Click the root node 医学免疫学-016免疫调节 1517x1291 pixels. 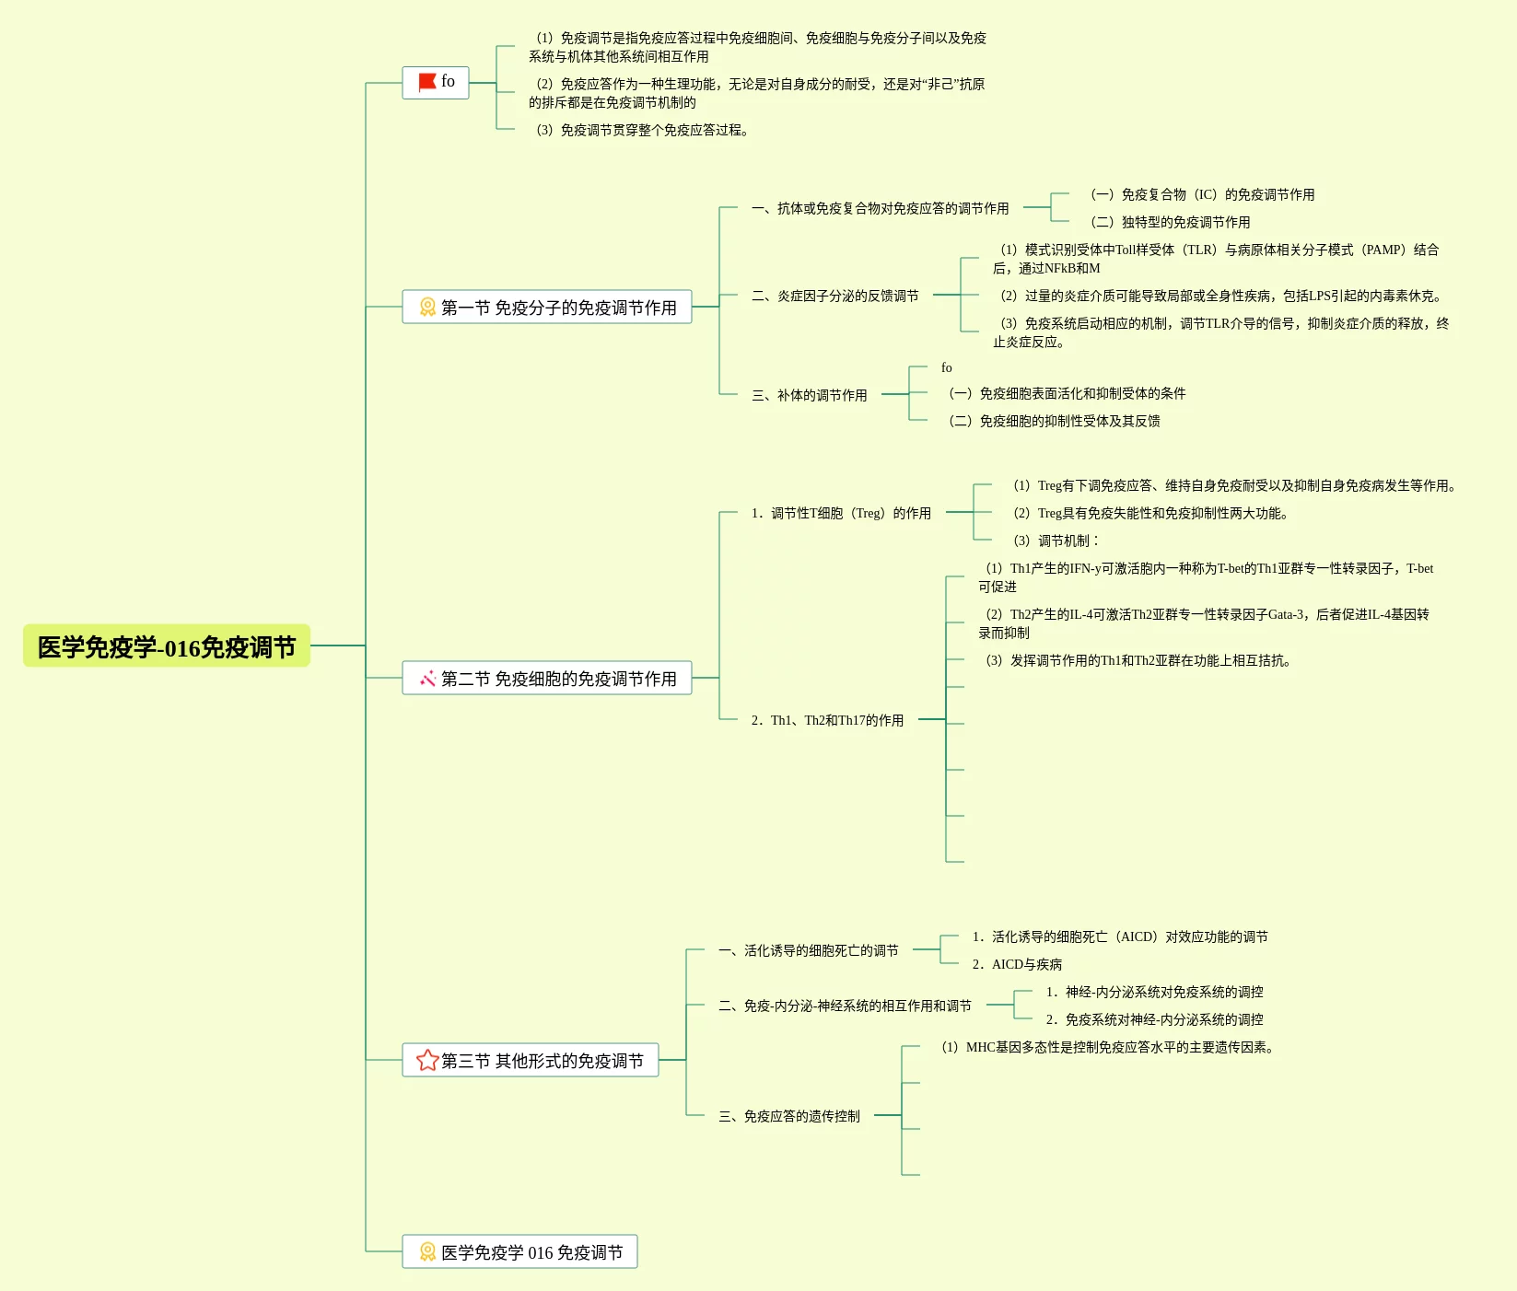[x=167, y=646]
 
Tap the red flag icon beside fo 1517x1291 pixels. [x=426, y=82]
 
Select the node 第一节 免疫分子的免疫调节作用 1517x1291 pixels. [x=547, y=307]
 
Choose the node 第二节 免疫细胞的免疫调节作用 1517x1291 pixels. [x=547, y=678]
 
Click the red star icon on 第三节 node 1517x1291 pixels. [x=426, y=1060]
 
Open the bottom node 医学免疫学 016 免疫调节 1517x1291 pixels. [x=519, y=1251]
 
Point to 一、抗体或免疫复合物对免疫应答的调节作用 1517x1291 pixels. [x=880, y=208]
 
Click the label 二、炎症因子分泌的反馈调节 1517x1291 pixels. [x=834, y=296]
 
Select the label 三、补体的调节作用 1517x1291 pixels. [x=809, y=395]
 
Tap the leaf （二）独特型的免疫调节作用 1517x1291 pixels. [x=1170, y=222]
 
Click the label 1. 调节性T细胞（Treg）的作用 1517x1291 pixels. [x=840, y=513]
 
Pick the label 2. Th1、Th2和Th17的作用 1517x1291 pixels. [x=826, y=720]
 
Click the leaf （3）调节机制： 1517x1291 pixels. [x=1056, y=541]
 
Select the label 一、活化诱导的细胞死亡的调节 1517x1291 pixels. [x=808, y=950]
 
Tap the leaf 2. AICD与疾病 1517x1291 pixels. [x=1017, y=964]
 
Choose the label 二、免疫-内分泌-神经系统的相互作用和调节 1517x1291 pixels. [x=845, y=1006]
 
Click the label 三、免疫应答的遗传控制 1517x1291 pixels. [x=789, y=1116]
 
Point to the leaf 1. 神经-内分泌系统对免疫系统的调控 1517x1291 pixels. [x=1154, y=992]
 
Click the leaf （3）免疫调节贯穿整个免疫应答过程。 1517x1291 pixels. [x=642, y=130]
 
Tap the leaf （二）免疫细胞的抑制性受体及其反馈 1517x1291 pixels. [x=1054, y=421]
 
